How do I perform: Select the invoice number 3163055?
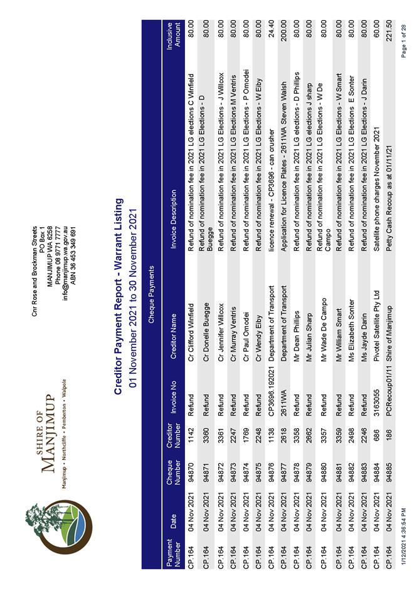(376, 394)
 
